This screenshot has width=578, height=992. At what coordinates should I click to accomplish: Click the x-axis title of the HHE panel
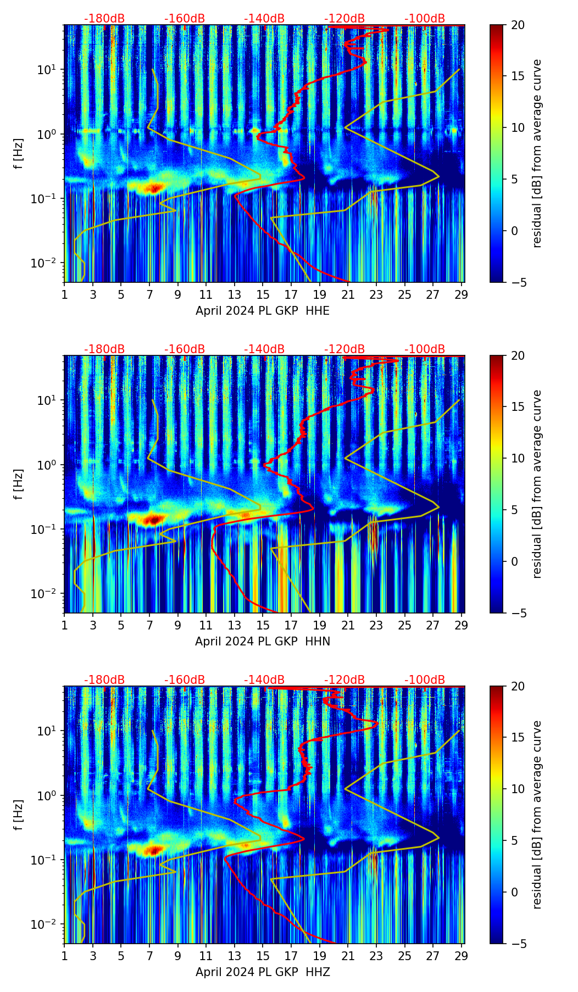point(263,311)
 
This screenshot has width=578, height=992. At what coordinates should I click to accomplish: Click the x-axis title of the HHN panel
point(263,642)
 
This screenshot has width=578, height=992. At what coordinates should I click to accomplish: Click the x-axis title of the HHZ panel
point(263,972)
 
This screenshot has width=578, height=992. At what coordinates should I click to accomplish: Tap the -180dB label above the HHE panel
point(104,19)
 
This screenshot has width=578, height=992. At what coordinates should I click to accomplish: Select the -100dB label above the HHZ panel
point(425,680)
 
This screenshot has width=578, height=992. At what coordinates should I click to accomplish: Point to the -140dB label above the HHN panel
point(264,349)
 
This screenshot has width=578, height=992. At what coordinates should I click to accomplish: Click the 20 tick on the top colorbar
point(517,25)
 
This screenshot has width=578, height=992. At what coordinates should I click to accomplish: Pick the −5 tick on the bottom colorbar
point(517,944)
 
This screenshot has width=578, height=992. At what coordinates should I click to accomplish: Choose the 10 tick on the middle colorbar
point(517,458)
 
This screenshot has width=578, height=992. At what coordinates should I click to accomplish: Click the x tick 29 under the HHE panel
point(462,294)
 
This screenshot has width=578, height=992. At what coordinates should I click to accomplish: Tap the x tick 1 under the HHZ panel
point(65,955)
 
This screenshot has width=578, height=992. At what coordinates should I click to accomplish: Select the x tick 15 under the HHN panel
point(263,625)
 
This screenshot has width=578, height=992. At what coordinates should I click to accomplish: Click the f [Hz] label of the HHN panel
point(19,484)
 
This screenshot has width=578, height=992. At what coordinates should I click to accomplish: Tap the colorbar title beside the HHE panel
point(537,153)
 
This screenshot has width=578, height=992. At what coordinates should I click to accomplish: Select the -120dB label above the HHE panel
point(344,19)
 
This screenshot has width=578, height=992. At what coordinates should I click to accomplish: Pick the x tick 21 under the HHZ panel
point(348,955)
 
